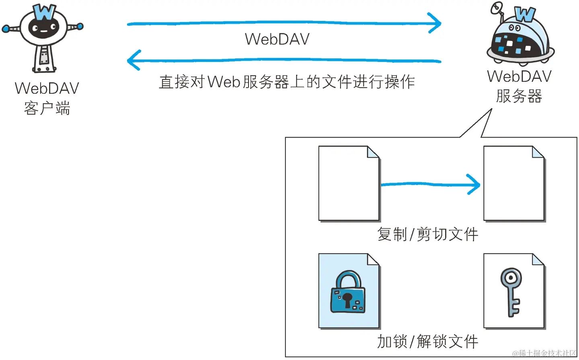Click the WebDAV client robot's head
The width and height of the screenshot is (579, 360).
43,28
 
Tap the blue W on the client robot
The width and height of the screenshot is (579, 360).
44,12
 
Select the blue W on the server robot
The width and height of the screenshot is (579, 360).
525,14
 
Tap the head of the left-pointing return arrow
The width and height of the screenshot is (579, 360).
134,60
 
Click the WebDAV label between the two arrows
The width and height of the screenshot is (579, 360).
277,39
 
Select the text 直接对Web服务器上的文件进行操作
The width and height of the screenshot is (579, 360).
287,82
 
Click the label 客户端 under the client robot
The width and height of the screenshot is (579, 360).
47,108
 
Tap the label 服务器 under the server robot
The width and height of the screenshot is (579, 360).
519,96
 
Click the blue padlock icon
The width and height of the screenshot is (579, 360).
348,293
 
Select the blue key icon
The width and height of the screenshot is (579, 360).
511,291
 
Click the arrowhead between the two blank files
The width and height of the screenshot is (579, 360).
475,184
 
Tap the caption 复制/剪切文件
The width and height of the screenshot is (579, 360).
427,234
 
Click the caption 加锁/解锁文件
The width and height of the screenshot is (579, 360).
427,342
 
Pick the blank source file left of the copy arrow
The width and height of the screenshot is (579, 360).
349,183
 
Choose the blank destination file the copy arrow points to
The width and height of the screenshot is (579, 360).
513,183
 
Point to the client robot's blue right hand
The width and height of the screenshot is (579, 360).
80,27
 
